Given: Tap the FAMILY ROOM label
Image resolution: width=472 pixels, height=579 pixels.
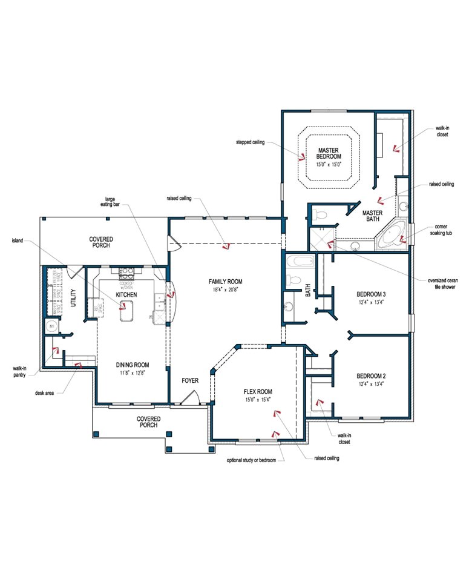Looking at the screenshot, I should click(x=225, y=282).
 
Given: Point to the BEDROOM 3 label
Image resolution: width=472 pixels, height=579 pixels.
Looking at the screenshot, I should click(x=371, y=295).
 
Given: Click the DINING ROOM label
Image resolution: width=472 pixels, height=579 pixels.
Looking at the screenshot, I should click(x=133, y=365).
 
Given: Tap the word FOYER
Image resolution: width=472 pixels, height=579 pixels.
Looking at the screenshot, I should click(x=191, y=381).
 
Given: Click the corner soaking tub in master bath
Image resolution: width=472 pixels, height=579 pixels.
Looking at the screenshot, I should click(x=392, y=235).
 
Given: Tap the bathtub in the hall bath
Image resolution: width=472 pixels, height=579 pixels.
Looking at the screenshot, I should click(x=301, y=262).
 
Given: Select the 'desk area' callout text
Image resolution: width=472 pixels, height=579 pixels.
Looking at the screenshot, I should click(x=45, y=392).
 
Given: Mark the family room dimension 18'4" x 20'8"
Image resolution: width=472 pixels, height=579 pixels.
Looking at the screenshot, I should click(x=225, y=291).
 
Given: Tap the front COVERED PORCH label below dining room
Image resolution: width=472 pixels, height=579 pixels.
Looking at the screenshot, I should click(x=148, y=422).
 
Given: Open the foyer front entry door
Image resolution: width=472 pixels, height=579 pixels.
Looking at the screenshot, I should click(x=191, y=397).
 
